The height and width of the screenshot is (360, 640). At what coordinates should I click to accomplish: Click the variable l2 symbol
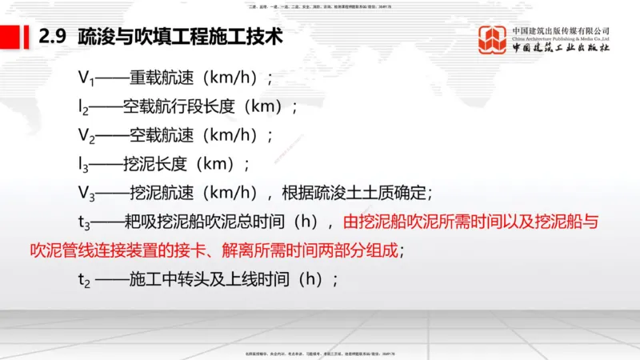pos(83,107)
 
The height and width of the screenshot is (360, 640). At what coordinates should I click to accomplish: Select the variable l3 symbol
pos(83,165)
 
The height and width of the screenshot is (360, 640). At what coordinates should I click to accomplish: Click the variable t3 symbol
pos(83,222)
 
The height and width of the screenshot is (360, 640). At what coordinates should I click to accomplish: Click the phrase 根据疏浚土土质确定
pos(355,193)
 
